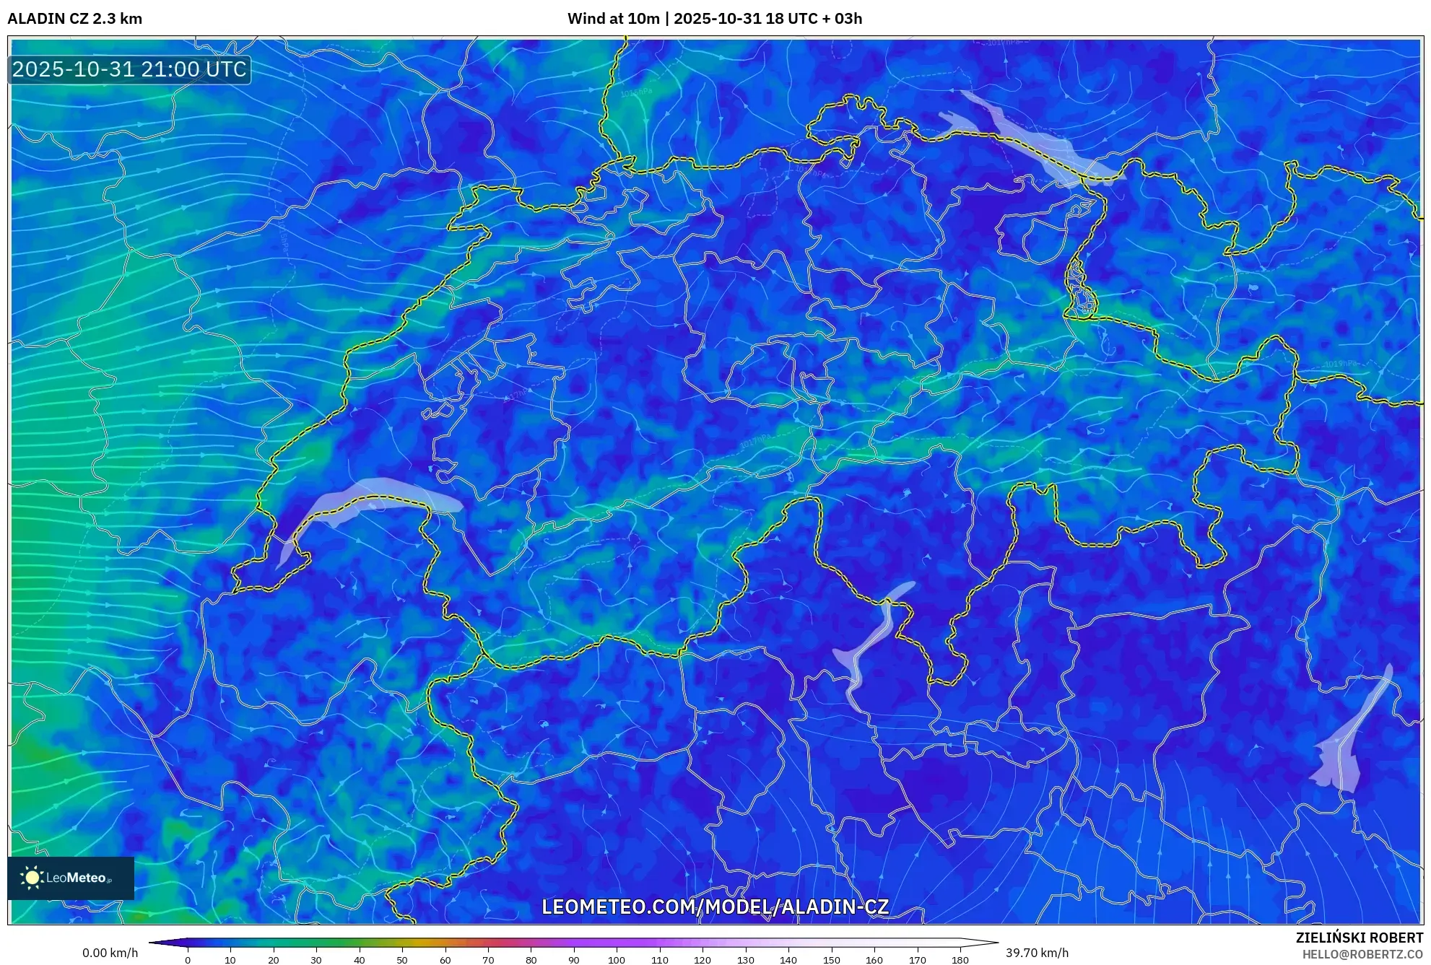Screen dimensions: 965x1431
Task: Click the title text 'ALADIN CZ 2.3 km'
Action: [75, 19]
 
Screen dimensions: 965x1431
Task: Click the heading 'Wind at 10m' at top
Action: [613, 19]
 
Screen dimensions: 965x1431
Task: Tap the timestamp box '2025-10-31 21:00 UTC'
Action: [129, 69]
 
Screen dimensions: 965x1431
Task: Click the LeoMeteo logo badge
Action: [71, 878]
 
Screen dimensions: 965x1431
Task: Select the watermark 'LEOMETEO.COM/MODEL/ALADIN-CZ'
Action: [715, 907]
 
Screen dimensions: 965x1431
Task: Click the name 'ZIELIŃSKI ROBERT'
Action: [1359, 938]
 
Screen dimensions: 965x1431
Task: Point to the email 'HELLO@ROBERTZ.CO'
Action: [1362, 954]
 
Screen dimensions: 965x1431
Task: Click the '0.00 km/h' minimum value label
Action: [110, 953]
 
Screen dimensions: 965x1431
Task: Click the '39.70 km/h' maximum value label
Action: [1037, 953]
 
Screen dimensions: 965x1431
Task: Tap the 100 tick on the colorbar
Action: [616, 959]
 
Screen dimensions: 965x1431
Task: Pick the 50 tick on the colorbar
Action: [401, 959]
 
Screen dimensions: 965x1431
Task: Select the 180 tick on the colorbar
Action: [960, 959]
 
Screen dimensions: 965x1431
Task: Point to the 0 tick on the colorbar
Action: [188, 959]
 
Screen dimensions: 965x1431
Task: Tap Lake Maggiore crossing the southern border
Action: [870, 642]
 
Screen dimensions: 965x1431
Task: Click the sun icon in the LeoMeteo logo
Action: [32, 878]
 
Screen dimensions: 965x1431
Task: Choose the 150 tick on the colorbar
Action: [831, 959]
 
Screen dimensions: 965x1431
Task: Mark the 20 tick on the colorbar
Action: [273, 959]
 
